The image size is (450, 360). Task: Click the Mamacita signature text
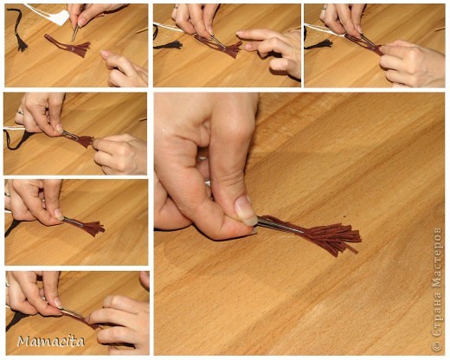click(x=51, y=341)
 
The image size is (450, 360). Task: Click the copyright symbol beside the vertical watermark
click(x=437, y=345)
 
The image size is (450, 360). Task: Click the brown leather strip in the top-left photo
click(x=68, y=46)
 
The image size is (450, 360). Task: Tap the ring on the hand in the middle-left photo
click(x=20, y=112)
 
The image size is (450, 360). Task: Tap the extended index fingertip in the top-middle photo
click(x=240, y=35)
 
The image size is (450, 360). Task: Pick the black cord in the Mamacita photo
click(x=16, y=320)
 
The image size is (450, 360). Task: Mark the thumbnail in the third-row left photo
click(x=59, y=214)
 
